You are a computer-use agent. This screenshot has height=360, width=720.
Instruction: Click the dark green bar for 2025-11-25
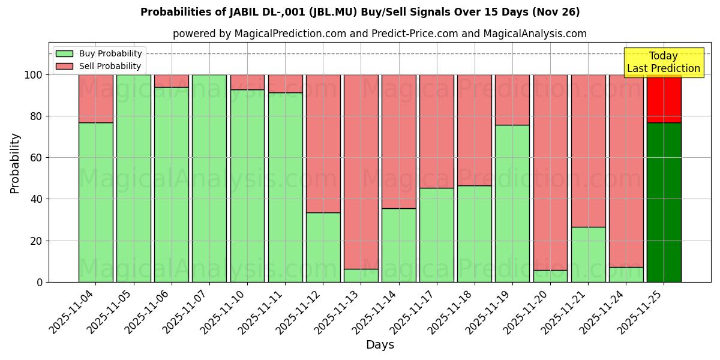point(664,202)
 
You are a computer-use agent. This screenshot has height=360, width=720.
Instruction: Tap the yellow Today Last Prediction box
point(664,62)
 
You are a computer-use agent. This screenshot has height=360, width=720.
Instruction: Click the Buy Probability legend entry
point(99,53)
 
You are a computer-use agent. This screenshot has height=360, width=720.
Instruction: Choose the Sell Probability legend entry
point(99,66)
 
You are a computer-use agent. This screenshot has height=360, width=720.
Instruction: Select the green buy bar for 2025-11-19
point(512,203)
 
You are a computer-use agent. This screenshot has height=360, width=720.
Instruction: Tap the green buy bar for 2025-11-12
point(323,247)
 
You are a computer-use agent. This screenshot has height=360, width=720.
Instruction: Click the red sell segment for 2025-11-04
point(95,98)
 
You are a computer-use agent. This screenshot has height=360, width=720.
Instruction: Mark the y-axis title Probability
point(15,163)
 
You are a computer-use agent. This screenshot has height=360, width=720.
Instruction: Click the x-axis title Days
point(380,345)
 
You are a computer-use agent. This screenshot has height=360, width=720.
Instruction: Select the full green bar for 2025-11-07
point(209,178)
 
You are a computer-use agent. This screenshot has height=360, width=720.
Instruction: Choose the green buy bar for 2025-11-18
point(475,233)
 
